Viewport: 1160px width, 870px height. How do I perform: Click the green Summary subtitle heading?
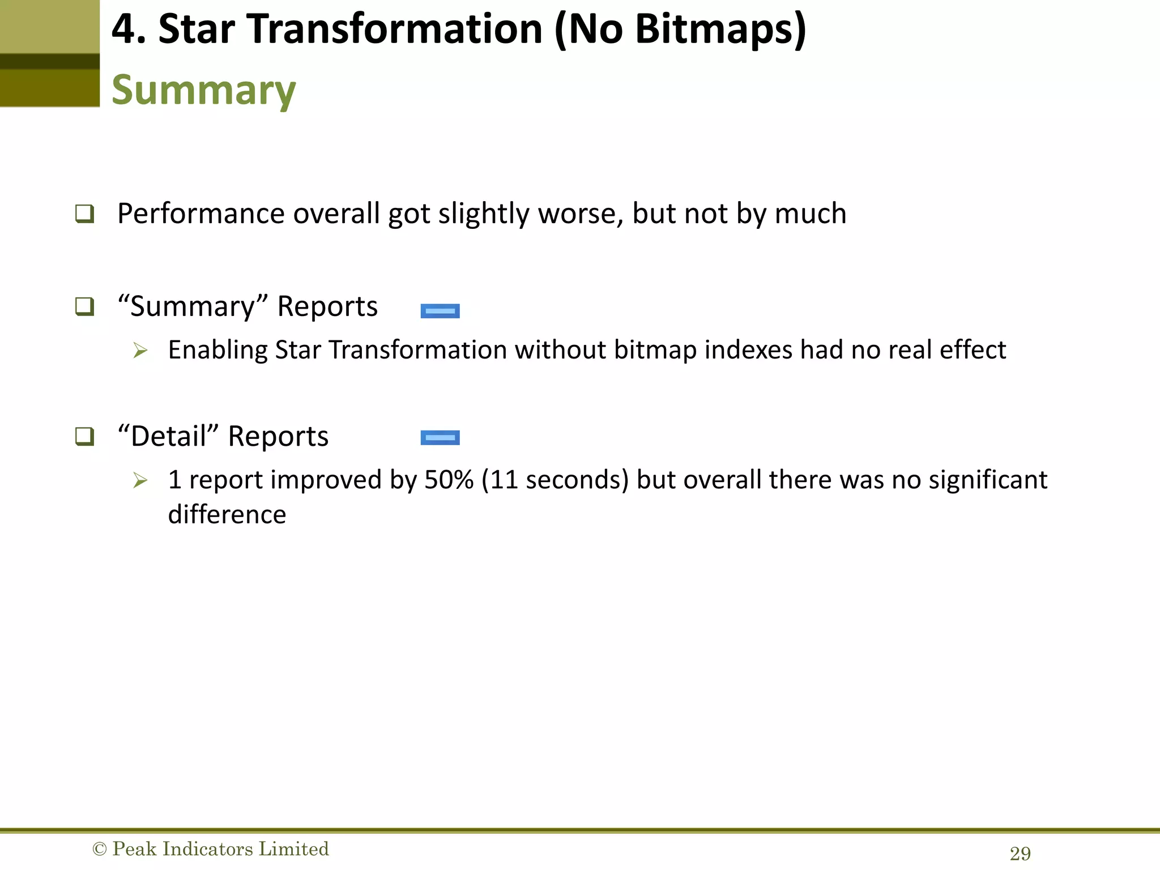203,91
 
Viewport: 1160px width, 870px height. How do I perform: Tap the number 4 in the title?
123,29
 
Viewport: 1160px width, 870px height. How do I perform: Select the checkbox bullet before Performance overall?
84,214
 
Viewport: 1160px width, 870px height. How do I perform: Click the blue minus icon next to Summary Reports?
440,311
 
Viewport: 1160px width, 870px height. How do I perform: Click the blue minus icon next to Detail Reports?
440,438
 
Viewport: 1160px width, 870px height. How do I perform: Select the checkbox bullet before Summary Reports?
84,307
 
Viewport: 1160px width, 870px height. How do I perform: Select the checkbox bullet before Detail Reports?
84,437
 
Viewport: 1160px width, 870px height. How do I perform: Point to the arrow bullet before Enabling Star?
140,351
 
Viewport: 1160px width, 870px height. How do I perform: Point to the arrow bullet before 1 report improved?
140,480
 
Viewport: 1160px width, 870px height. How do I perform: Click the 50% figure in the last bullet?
449,480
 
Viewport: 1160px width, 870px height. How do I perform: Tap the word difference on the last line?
227,515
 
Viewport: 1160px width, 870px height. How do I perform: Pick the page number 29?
1020,854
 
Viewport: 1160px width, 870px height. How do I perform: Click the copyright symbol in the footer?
99,849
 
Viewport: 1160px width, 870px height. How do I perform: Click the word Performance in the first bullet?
201,214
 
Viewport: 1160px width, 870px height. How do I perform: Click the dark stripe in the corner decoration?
50,61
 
